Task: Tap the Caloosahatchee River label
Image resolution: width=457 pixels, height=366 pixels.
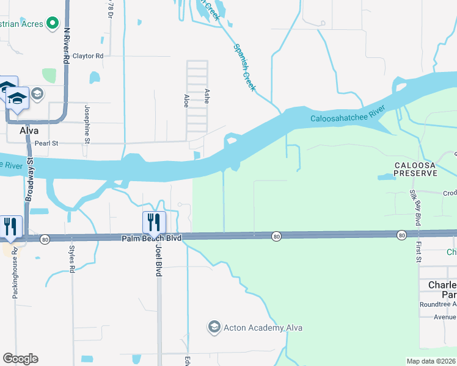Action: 346,115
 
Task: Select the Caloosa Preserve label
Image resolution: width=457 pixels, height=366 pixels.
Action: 415,169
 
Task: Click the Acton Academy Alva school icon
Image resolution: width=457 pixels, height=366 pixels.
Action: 213,328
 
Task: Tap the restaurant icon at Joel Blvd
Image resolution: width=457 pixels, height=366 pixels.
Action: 154,221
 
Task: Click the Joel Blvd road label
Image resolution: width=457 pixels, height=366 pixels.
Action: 159,260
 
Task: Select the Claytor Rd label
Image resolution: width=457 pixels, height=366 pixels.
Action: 88,56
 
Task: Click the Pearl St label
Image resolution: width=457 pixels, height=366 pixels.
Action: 45,143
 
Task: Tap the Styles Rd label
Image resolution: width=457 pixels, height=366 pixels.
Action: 72,259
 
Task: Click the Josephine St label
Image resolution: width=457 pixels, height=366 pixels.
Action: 87,123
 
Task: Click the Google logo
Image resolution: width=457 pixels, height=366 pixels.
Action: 20,359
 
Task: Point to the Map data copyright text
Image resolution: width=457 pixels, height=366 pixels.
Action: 431,361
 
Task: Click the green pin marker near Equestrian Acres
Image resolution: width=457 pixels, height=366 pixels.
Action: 54,24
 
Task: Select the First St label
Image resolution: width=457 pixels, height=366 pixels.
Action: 419,251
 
